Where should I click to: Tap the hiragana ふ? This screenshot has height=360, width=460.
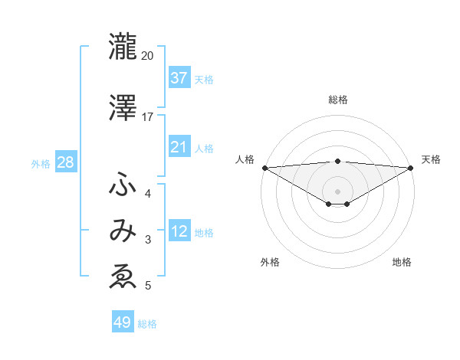pos(123,185)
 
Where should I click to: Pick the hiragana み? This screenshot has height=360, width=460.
pos(123,231)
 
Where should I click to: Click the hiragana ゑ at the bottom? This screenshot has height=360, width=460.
pos(123,277)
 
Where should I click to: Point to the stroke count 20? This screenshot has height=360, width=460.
pos(148,56)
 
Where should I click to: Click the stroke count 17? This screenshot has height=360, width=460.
pos(148,117)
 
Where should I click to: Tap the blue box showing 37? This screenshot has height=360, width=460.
pos(179,77)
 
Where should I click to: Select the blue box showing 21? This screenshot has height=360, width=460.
pos(179,146)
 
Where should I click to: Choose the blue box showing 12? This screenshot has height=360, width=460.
pos(179,231)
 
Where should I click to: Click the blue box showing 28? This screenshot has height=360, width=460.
pos(65,162)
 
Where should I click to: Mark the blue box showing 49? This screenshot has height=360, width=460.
pos(123,322)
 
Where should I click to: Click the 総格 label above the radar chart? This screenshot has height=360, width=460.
pos(338,100)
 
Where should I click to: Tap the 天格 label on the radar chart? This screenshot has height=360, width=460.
pos(432,159)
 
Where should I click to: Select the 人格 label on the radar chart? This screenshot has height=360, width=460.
pos(245,159)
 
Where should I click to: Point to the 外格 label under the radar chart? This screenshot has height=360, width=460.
pos(270,263)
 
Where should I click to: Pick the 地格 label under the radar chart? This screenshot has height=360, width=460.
pos(402,263)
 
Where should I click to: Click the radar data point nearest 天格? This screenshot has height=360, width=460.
pos(411,168)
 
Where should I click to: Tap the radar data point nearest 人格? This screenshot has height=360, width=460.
pos(264,168)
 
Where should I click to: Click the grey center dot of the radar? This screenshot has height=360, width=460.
pos(337,191)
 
